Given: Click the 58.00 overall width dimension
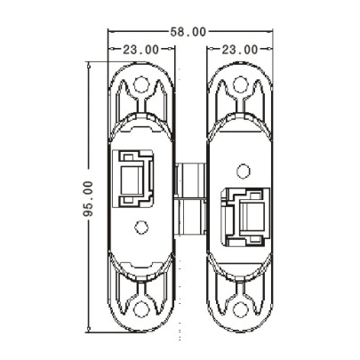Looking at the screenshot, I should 188,31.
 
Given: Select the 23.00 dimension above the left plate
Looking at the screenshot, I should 141,50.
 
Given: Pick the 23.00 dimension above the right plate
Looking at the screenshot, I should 240,50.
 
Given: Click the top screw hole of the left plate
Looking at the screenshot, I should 140,86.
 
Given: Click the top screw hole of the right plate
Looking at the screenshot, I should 240,86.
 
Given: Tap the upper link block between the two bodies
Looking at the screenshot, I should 189,178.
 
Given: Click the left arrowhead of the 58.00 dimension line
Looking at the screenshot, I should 112,31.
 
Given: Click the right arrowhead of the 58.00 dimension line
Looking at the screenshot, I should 266,31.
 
